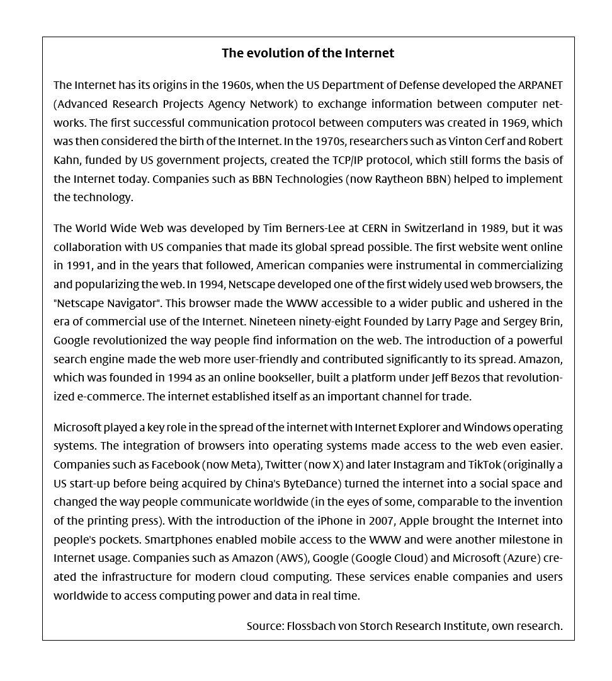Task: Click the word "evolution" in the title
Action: click(277, 53)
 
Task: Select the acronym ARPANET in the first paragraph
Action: click(540, 85)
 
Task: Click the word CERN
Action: click(375, 228)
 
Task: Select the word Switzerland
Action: click(434, 228)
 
